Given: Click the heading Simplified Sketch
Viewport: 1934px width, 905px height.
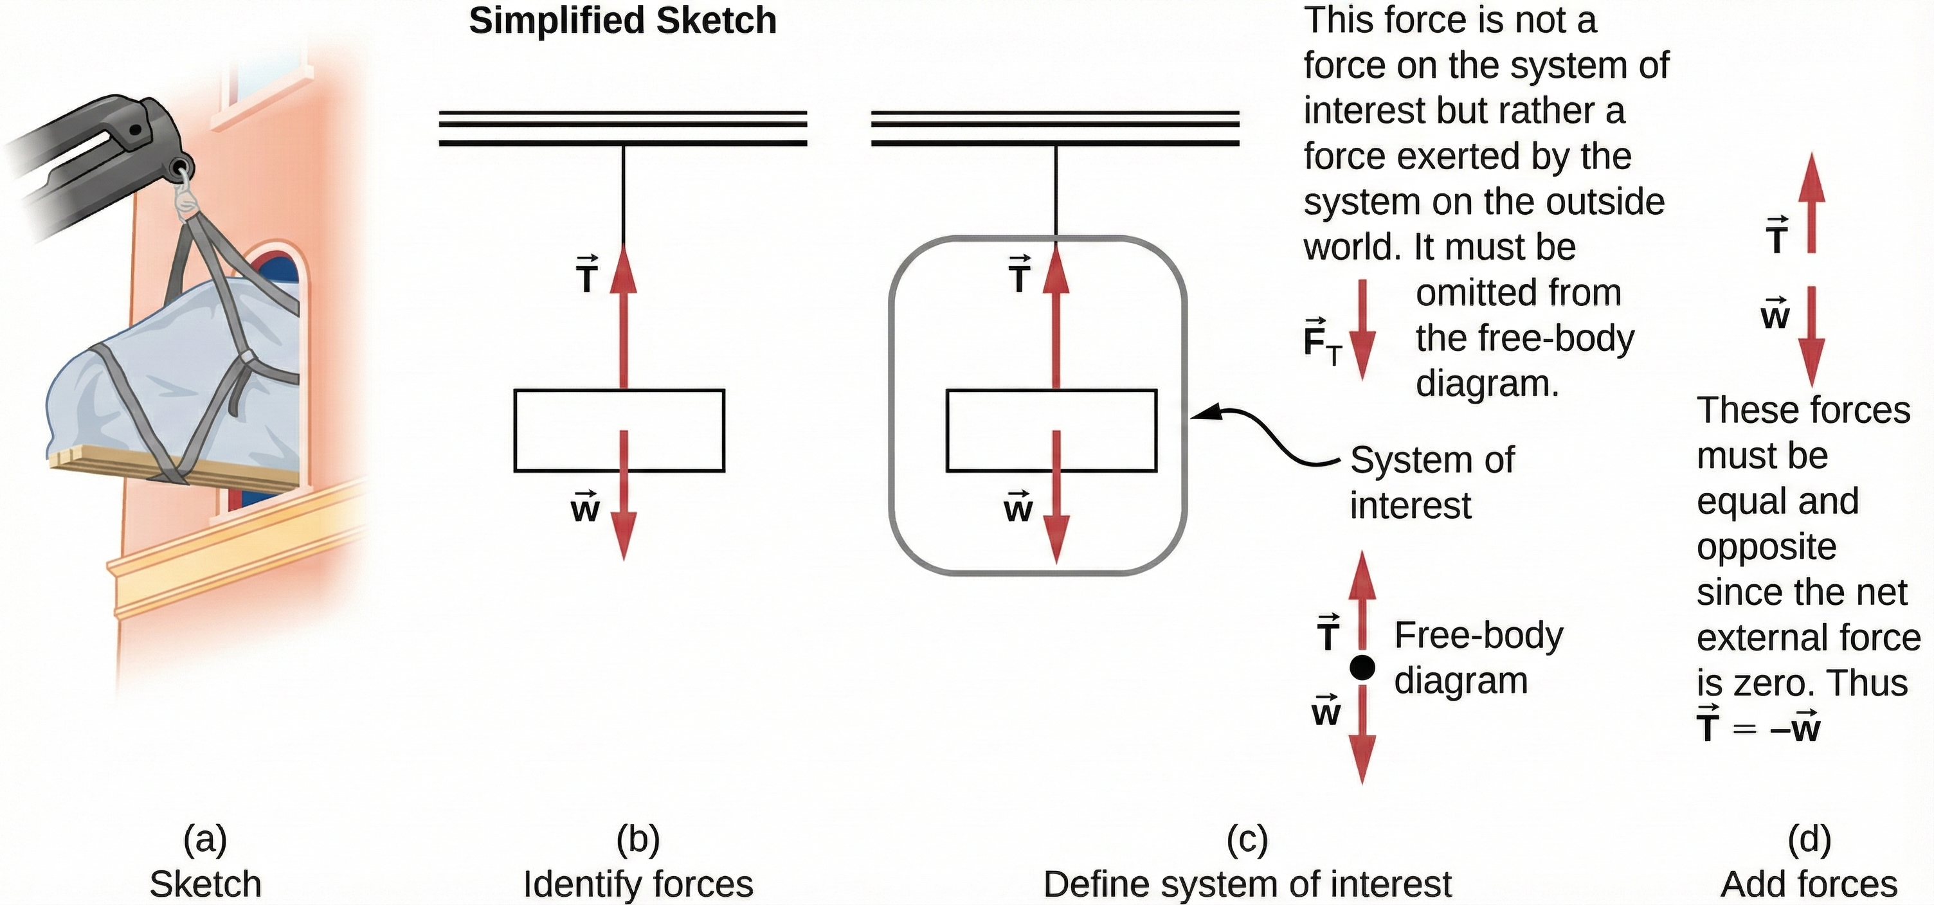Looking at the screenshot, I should pyautogui.click(x=622, y=21).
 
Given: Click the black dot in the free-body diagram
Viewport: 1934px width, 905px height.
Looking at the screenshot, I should pyautogui.click(x=1362, y=667).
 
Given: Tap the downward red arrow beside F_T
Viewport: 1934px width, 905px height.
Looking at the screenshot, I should pyautogui.click(x=1362, y=330).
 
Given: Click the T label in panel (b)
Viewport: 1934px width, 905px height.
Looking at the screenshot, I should pyautogui.click(x=586, y=276).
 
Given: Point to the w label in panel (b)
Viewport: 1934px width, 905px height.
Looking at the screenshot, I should pyautogui.click(x=585, y=509).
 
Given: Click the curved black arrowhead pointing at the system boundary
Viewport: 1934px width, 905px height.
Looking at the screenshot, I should pyautogui.click(x=1201, y=413).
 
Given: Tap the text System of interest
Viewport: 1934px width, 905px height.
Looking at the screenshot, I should pyautogui.click(x=1431, y=482).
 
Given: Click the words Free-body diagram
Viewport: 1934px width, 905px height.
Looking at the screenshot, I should pyautogui.click(x=1478, y=658).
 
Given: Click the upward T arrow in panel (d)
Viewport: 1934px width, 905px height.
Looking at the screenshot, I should pyautogui.click(x=1811, y=202).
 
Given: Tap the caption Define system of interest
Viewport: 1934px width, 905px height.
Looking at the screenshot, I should pyautogui.click(x=1247, y=883).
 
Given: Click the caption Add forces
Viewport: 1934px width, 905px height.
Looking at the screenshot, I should pyautogui.click(x=1809, y=883).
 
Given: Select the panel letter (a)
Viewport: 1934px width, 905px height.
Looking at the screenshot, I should pyautogui.click(x=204, y=839).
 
